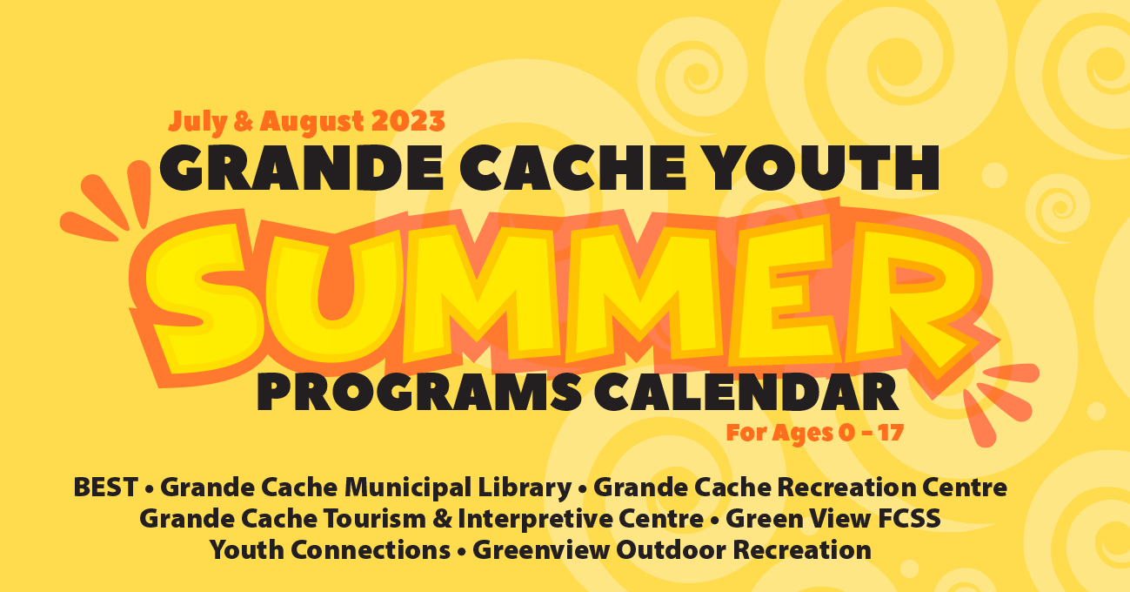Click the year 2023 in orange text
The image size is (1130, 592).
(408, 121)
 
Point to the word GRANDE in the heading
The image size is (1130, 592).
(302, 167)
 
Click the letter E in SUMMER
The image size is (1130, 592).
(785, 287)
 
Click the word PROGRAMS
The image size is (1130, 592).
(419, 392)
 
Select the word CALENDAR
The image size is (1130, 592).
(746, 392)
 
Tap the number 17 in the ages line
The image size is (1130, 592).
(890, 433)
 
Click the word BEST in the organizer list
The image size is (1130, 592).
(105, 488)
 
